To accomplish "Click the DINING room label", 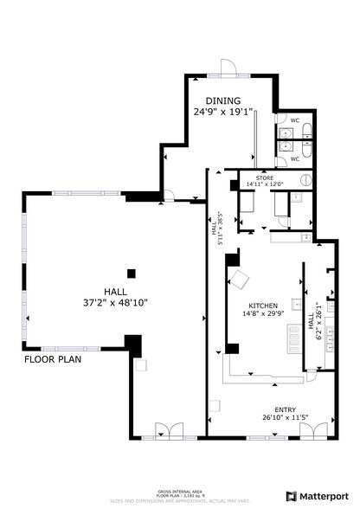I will click(222, 100).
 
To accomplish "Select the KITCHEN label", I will click(262, 306).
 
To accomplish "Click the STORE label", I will click(263, 177).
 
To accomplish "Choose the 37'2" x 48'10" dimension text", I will click(115, 304).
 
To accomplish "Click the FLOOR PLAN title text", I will click(53, 358).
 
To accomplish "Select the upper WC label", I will click(294, 119).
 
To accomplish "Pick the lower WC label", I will click(294, 159).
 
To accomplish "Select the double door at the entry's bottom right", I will click(313, 429).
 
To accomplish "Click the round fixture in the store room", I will click(305, 180).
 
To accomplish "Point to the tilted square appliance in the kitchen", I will click(238, 279).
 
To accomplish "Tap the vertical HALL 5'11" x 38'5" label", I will click(216, 229).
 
